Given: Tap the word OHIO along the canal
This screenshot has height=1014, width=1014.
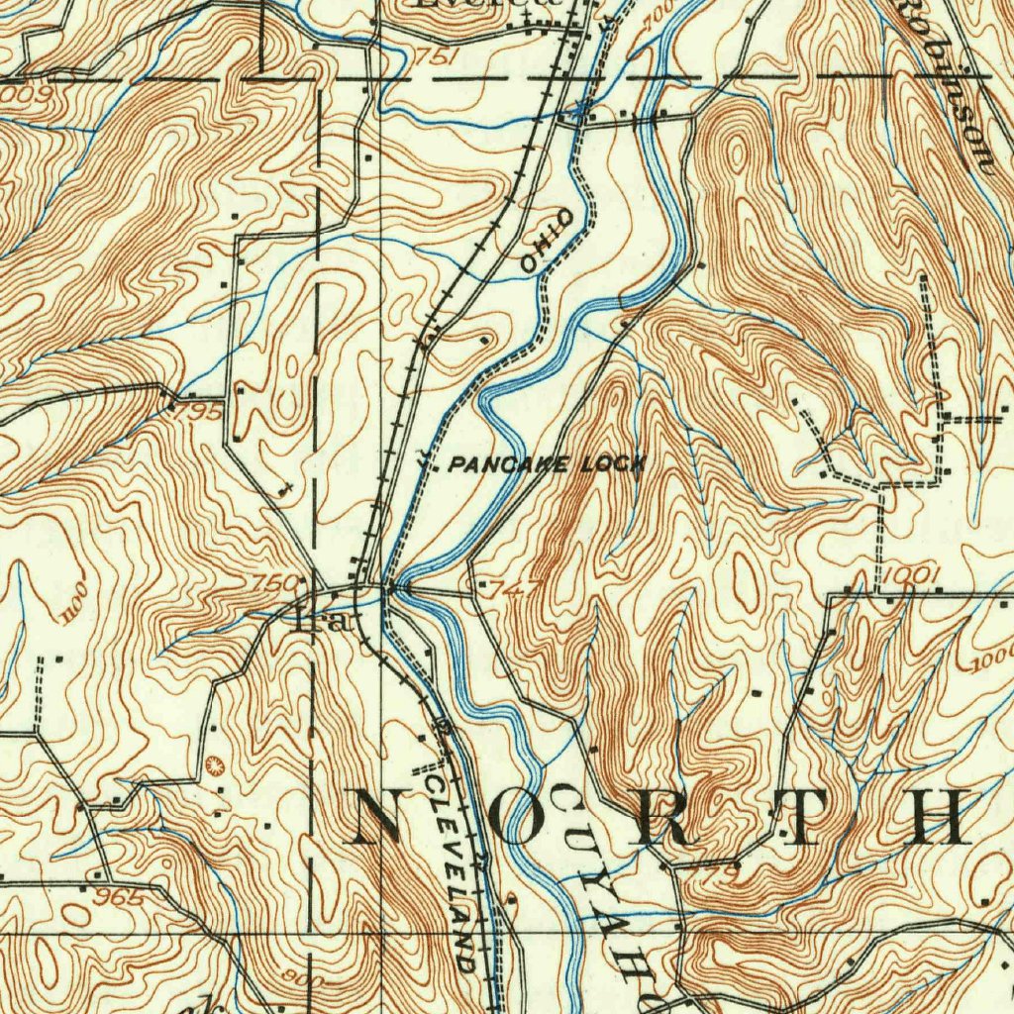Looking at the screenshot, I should coord(546,241).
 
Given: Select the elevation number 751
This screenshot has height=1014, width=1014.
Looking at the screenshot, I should coord(437,58).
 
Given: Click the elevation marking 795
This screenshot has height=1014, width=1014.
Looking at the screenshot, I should coord(202,410).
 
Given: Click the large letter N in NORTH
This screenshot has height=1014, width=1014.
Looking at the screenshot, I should coord(387,817).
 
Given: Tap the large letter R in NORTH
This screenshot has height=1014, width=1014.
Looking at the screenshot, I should coord(665,817).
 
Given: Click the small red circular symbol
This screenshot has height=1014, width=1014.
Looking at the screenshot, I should coord(216,763).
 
